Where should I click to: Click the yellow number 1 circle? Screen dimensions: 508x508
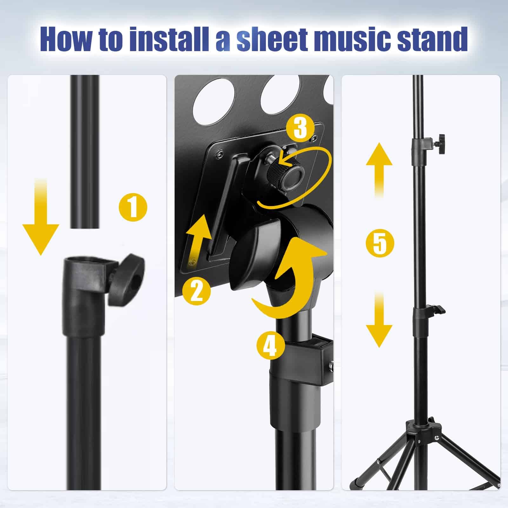point(133,207)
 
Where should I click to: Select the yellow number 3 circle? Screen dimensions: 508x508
point(300,128)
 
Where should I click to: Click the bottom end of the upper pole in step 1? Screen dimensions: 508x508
point(85,228)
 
